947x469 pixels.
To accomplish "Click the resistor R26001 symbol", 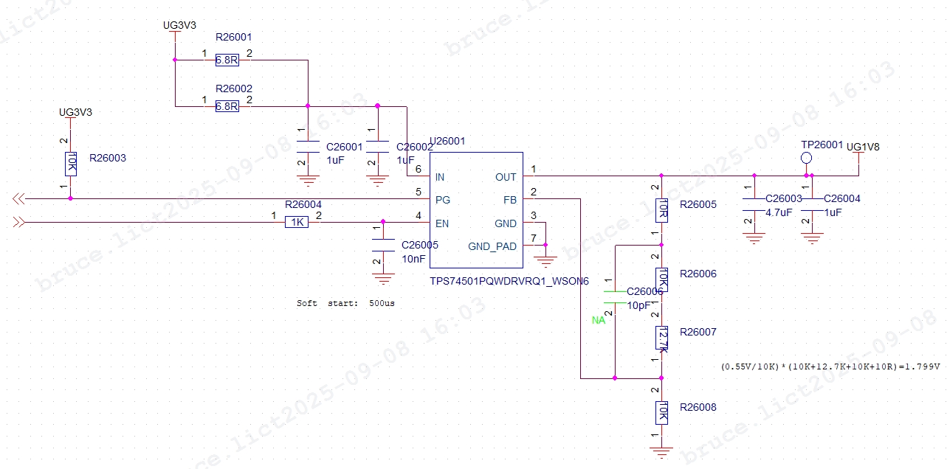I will click(227, 60).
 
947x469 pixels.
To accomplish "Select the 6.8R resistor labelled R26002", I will click(227, 106).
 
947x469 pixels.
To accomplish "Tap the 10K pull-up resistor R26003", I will click(71, 163).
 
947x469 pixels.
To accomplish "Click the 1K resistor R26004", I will click(296, 222).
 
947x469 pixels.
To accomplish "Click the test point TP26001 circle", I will click(807, 159).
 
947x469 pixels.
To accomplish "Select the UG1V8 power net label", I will click(863, 147).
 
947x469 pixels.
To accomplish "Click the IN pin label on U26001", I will click(440, 177).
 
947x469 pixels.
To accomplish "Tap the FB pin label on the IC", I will click(510, 200).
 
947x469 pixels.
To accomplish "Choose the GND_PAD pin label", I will click(492, 246).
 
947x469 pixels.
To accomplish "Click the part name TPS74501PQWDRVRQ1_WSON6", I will click(509, 282).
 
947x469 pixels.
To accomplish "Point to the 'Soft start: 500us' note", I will click(345, 303).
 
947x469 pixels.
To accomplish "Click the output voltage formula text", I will click(830, 366).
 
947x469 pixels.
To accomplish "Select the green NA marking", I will click(598, 321).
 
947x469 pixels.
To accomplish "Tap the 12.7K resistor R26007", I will click(662, 338).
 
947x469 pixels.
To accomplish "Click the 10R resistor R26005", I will click(662, 209).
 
